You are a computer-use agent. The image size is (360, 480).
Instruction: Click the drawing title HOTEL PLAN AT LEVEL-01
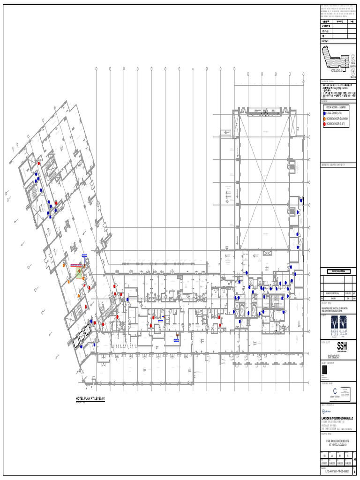click(x=90, y=399)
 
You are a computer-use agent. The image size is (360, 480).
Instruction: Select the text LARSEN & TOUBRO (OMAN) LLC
click(x=337, y=418)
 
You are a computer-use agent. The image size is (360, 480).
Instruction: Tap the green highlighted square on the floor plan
click(x=80, y=271)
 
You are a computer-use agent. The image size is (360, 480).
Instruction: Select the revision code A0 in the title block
click(x=354, y=459)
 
